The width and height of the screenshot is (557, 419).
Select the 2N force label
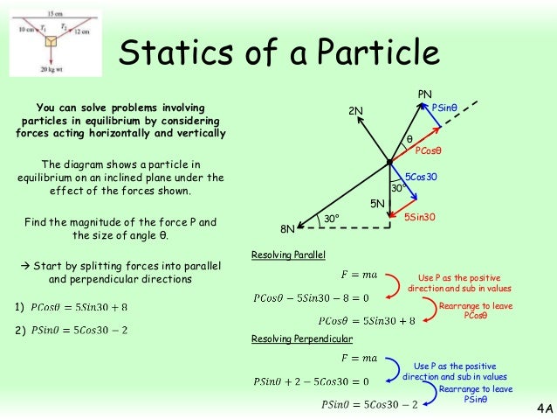point(355,110)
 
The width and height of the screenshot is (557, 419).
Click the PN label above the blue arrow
point(425,94)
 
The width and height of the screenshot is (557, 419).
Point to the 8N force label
point(287,229)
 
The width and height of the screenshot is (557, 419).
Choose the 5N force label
point(378,203)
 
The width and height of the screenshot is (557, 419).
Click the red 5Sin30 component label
point(421,215)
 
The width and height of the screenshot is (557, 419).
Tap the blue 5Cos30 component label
point(421,177)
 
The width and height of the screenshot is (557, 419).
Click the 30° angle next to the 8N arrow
point(331,218)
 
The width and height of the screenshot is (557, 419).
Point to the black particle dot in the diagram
point(389,161)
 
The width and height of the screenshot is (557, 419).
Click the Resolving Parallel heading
point(288,255)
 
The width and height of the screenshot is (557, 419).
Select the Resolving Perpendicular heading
point(302,339)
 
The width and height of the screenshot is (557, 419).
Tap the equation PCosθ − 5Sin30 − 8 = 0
point(311,297)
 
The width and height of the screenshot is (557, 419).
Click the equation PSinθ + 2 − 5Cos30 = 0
point(311,381)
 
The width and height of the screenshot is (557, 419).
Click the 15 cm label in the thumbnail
point(55,15)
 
